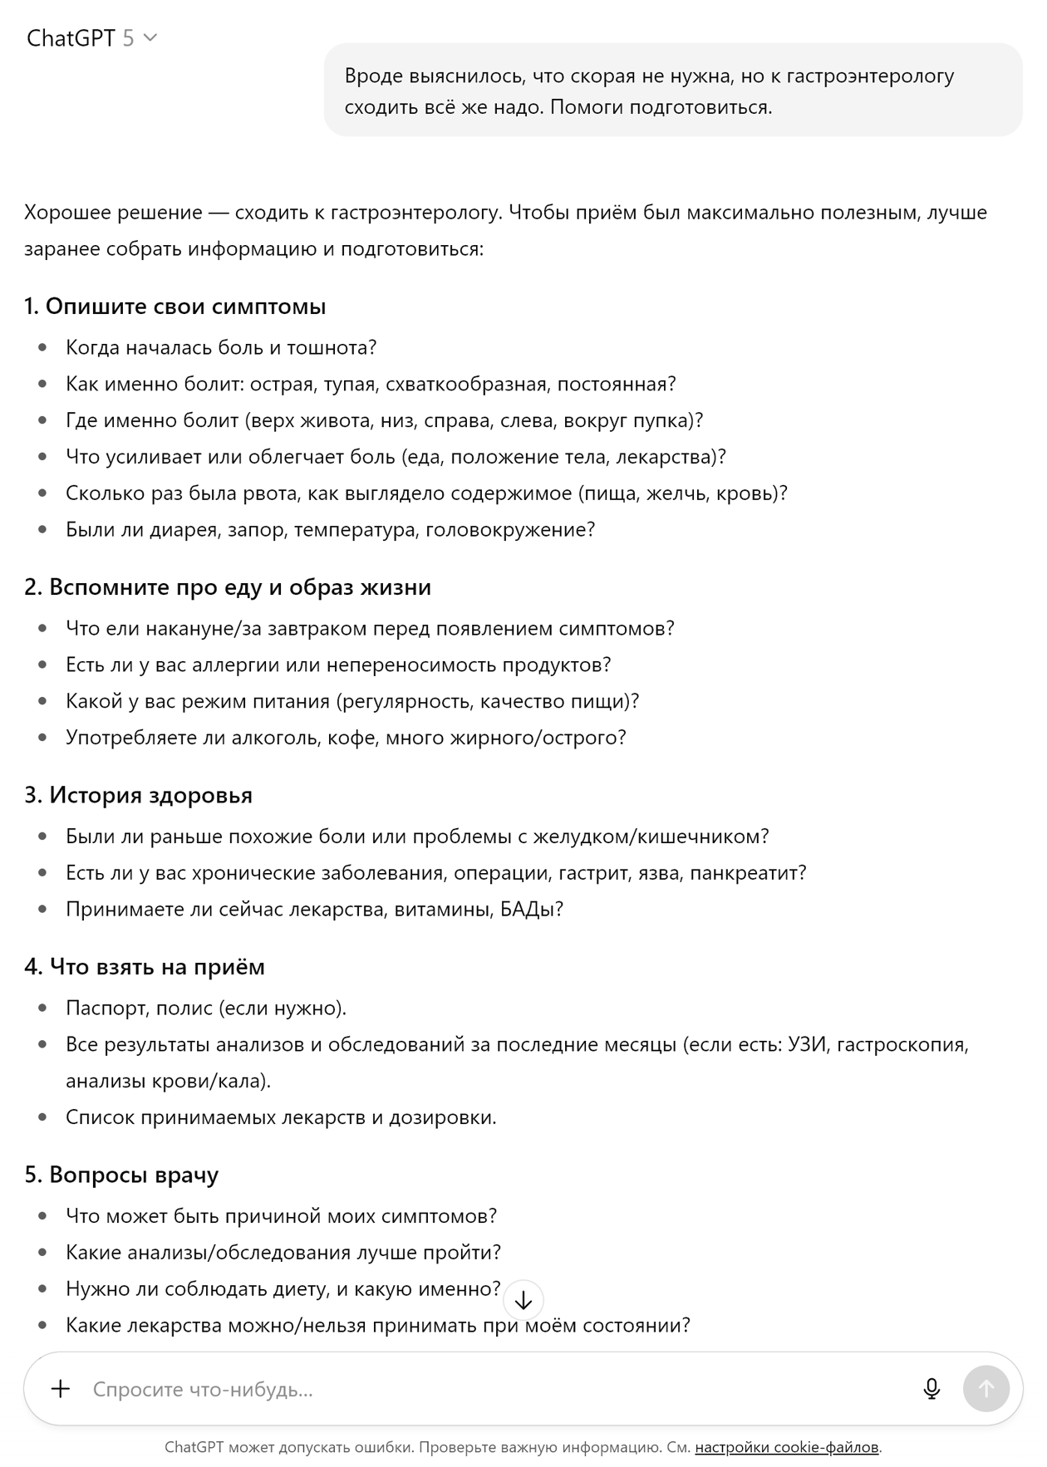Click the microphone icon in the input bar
coord(931,1389)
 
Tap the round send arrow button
coord(986,1388)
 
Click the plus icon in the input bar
coord(61,1389)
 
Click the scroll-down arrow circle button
coord(523,1301)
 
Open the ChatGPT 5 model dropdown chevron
coord(150,37)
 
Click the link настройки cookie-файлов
coord(786,1447)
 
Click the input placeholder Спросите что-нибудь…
coord(203,1389)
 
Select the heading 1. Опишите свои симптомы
coord(174,307)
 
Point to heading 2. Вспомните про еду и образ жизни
coord(228,587)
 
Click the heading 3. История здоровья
coord(138,795)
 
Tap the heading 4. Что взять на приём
coord(145,967)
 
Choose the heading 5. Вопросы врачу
coord(121,1175)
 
